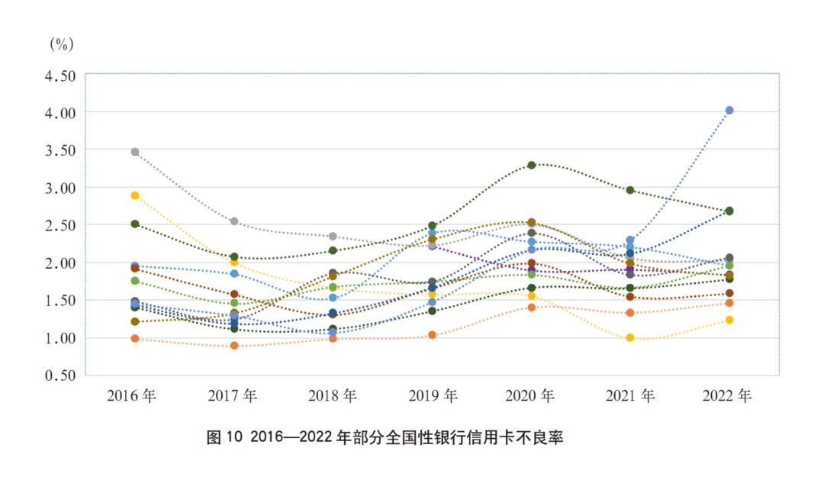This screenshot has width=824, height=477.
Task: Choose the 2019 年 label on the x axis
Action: [432, 396]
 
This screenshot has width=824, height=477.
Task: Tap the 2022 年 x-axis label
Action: [726, 396]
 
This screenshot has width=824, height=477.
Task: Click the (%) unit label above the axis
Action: [61, 44]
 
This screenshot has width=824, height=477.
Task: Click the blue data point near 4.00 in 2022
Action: [729, 111]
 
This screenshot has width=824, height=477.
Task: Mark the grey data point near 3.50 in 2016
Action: [135, 152]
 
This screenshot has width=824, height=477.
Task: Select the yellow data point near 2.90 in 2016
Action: [135, 195]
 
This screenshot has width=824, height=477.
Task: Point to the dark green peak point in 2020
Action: [532, 165]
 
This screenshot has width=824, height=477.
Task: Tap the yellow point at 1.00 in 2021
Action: [630, 337]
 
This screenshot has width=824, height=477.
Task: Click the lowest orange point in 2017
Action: [234, 346]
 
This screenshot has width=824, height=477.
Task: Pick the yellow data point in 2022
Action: [729, 320]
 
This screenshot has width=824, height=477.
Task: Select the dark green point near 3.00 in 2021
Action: [630, 190]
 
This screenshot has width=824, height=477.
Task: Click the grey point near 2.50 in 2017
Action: [234, 221]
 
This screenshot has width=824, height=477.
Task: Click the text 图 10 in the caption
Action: [224, 438]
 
